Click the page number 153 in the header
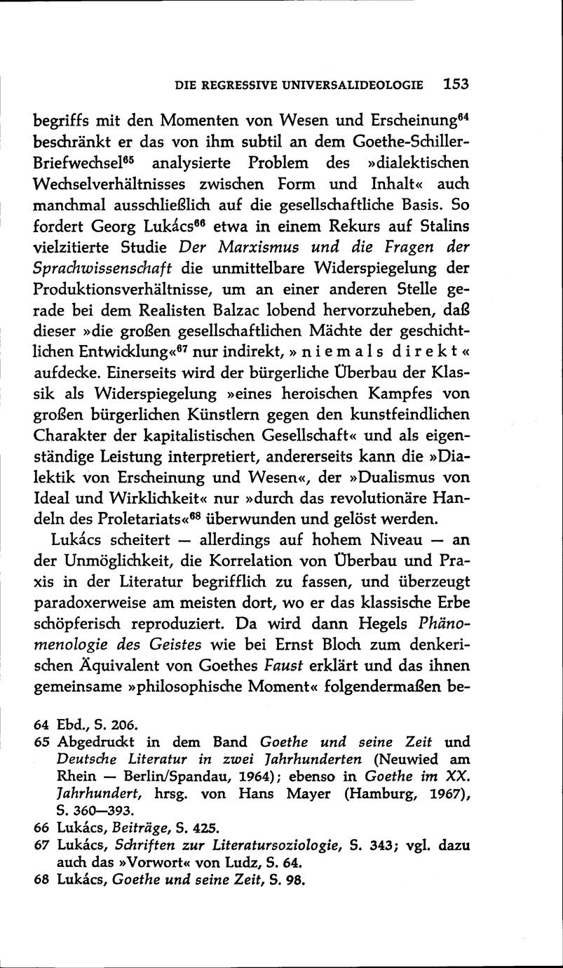455,84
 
